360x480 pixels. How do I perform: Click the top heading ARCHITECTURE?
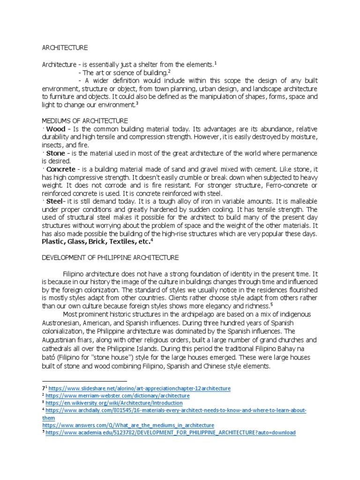pyautogui.click(x=65, y=47)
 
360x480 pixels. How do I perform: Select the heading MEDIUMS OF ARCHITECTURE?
pyautogui.click(x=85, y=120)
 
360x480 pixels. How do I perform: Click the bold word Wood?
pyautogui.click(x=56, y=128)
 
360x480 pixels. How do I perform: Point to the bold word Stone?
pyautogui.click(x=56, y=153)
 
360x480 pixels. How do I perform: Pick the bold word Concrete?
pyautogui.click(x=61, y=169)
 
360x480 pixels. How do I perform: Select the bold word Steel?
pyautogui.click(x=55, y=202)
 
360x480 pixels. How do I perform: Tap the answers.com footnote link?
pyautogui.click(x=128, y=425)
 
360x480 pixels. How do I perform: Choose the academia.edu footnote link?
pyautogui.click(x=172, y=432)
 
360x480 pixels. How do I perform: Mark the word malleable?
pyautogui.click(x=303, y=202)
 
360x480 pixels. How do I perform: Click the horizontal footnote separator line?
pyautogui.click(x=84, y=381)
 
